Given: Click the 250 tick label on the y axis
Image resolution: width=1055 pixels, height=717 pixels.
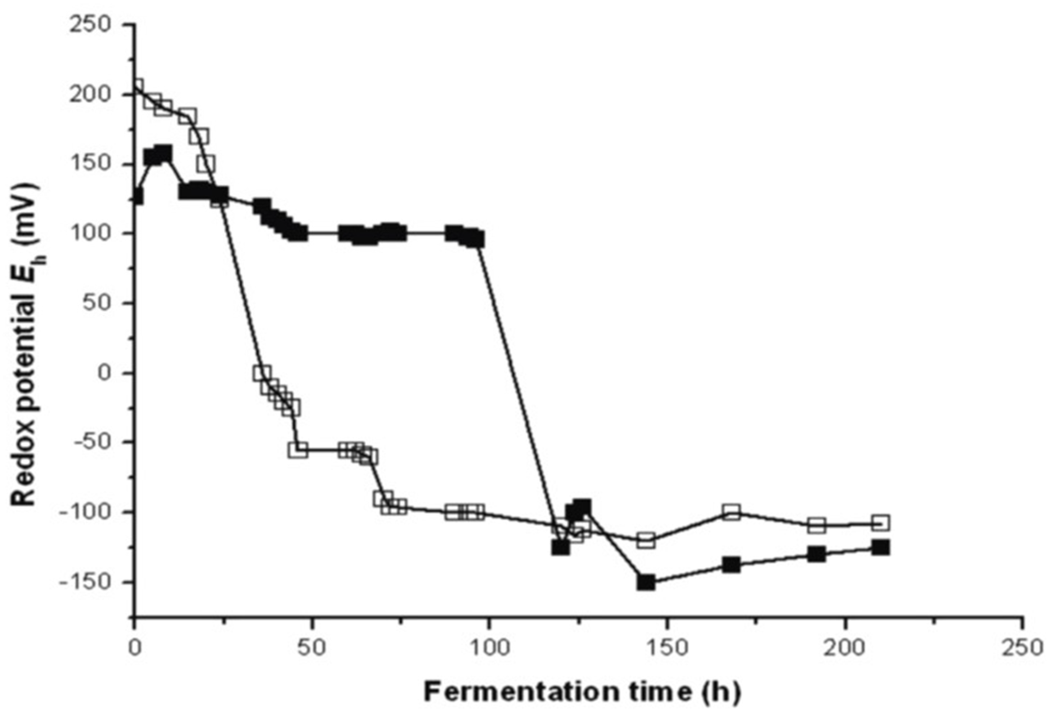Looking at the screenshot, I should pyautogui.click(x=95, y=24).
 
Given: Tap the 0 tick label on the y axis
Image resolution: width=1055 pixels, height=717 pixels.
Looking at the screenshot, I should pyautogui.click(x=105, y=373).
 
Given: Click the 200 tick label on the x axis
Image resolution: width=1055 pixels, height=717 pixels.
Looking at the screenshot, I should pyautogui.click(x=845, y=648).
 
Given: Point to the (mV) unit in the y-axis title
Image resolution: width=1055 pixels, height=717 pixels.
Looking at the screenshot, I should pyautogui.click(x=24, y=207).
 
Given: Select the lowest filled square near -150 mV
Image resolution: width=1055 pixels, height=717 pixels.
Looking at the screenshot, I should pyautogui.click(x=645, y=582).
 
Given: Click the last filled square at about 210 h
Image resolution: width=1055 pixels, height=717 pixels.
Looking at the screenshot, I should pyautogui.click(x=881, y=548).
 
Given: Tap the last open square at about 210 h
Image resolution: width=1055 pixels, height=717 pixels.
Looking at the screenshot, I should pyautogui.click(x=881, y=523).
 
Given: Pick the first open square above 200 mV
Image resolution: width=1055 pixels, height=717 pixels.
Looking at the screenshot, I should pyautogui.click(x=136, y=86).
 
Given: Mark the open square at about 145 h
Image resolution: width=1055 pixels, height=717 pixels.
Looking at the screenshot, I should pyautogui.click(x=645, y=540).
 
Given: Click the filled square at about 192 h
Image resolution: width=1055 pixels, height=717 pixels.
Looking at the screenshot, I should pyautogui.click(x=816, y=554).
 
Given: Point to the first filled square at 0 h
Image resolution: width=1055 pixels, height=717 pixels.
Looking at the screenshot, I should pyautogui.click(x=136, y=197).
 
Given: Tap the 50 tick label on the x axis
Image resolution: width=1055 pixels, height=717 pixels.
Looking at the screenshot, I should pyautogui.click(x=312, y=648).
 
